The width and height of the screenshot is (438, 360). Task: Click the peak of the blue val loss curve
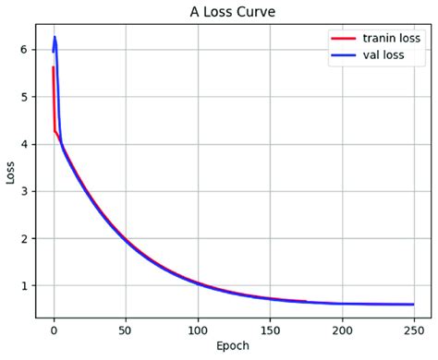(x=55, y=38)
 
